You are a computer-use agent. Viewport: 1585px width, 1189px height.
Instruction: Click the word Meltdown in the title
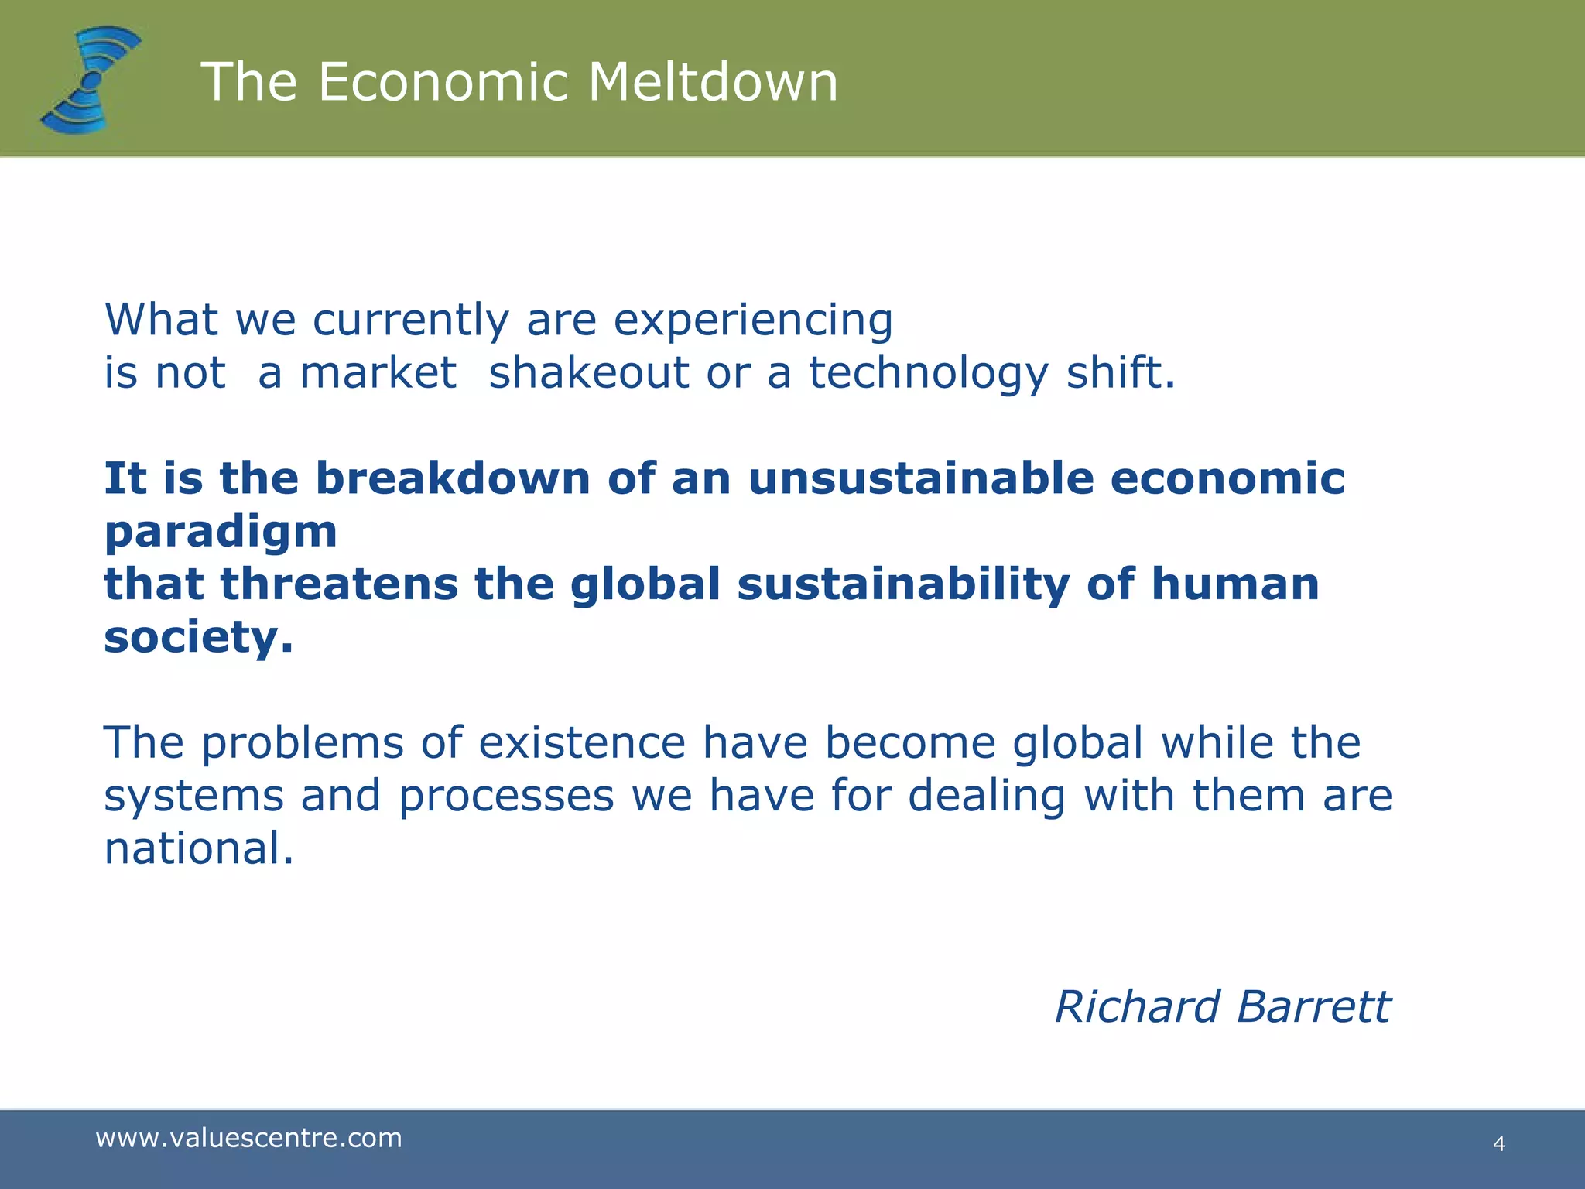tap(713, 82)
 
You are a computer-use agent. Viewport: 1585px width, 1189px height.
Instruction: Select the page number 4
tap(1499, 1144)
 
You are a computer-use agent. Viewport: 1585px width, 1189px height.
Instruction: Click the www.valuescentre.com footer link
tap(248, 1138)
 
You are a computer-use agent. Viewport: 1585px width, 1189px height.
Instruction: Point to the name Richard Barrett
tap(1222, 1007)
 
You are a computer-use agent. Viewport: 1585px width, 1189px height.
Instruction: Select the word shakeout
tap(588, 373)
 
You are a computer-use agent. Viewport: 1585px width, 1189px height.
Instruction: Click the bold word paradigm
tap(221, 533)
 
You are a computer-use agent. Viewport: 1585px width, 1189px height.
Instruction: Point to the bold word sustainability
tap(903, 585)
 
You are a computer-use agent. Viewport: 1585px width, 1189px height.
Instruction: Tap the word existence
tap(581, 743)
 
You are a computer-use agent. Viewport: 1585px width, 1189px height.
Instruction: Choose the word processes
tap(506, 797)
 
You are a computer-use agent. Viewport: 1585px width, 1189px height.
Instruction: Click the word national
tap(199, 848)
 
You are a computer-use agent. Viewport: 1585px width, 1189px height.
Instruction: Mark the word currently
tap(411, 320)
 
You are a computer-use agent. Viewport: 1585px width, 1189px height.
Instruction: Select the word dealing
tap(987, 797)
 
